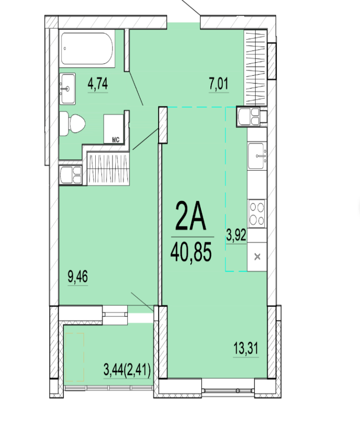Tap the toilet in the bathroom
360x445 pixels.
pyautogui.click(x=72, y=123)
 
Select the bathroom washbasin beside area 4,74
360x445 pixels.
pyautogui.click(x=67, y=89)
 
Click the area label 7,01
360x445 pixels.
pyautogui.click(x=218, y=84)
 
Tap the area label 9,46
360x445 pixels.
pyautogui.click(x=77, y=276)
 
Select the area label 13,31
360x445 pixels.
pyautogui.click(x=246, y=348)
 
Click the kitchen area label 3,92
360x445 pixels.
pyautogui.click(x=236, y=235)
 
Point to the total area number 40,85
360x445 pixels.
pyautogui.click(x=191, y=252)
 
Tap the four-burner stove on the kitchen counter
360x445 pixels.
pyautogui.click(x=257, y=213)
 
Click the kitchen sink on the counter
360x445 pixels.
pyautogui.click(x=257, y=156)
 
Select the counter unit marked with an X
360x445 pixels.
pyautogui.click(x=257, y=257)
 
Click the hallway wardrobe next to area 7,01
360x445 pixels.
pyautogui.click(x=255, y=67)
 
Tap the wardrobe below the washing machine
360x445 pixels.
pyautogui.click(x=108, y=169)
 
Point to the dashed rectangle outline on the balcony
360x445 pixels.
pyautogui.click(x=75, y=357)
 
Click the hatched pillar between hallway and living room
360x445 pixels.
pyautogui.click(x=163, y=125)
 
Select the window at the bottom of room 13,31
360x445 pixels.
pyautogui.click(x=228, y=391)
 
